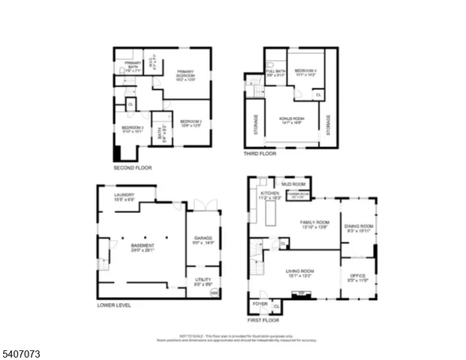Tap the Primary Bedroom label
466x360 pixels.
click(x=185, y=74)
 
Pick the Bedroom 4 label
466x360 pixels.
click(x=306, y=72)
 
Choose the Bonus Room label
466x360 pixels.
click(x=290, y=120)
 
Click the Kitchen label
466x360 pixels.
click(x=269, y=195)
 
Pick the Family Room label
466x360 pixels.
click(x=315, y=224)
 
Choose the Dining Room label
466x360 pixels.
click(x=359, y=228)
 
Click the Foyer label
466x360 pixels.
click(x=260, y=304)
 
